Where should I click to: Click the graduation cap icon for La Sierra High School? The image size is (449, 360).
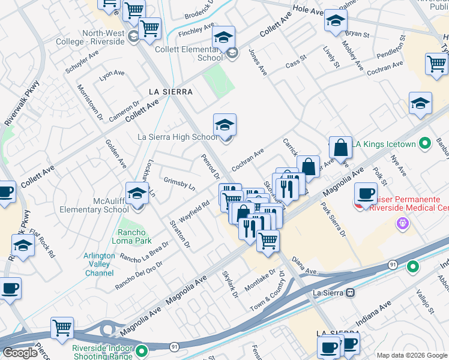pos(224,125)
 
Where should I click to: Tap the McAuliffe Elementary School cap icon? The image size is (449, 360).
pos(137,194)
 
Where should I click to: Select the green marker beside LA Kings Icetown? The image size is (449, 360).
pos(425,144)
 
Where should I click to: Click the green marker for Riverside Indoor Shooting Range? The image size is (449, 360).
pos(142,350)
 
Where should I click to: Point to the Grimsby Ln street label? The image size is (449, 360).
pos(179,183)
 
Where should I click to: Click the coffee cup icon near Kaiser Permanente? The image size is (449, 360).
pos(366,194)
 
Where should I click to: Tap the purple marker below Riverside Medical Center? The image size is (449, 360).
pos(402,224)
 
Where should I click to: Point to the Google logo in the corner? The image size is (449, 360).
pos(20,353)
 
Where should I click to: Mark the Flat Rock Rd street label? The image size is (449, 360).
pos(43,244)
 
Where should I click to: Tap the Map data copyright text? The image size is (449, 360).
pos(412,355)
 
